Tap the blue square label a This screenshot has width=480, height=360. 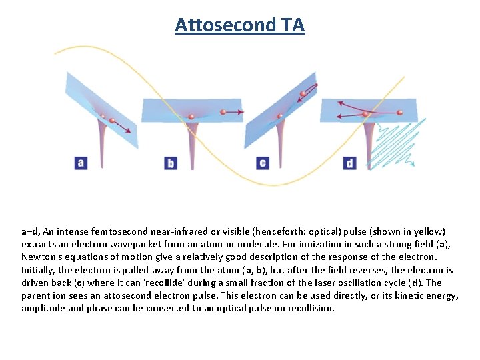point(81,162)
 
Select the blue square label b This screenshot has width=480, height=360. point(171,163)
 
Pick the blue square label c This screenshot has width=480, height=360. point(262,163)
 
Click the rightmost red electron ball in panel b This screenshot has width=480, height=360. point(224,113)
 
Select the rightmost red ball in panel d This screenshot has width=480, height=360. point(399,113)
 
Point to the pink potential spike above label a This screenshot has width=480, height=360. point(101,143)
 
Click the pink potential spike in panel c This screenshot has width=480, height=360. point(281,143)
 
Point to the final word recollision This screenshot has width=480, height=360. point(311,308)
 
